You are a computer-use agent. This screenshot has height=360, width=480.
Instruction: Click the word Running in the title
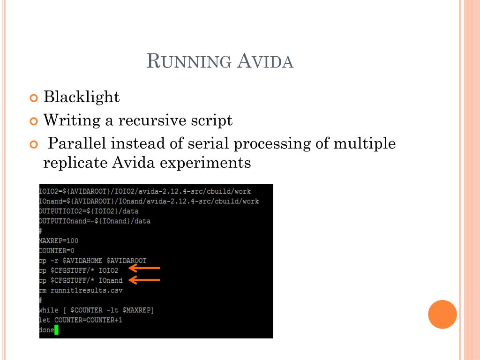(189, 61)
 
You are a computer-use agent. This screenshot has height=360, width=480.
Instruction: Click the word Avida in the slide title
(265, 61)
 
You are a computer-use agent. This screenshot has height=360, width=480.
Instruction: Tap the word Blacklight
(82, 97)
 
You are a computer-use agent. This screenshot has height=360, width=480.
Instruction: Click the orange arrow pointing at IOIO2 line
(144, 269)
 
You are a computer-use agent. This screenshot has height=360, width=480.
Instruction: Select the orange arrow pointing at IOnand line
(144, 280)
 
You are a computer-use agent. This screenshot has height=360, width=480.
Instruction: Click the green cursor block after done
(56, 330)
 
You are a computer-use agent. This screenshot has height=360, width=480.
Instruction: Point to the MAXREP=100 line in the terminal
(59, 240)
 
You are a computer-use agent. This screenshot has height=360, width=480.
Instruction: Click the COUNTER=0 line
(57, 250)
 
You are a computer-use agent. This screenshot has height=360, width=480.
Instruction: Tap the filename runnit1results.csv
(86, 290)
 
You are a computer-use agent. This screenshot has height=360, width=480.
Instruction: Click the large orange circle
(442, 314)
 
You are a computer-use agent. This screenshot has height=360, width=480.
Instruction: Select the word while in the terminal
(49, 310)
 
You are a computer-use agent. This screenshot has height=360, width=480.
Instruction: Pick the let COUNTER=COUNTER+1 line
(81, 320)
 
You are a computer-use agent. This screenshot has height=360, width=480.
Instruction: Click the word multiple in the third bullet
(364, 143)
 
